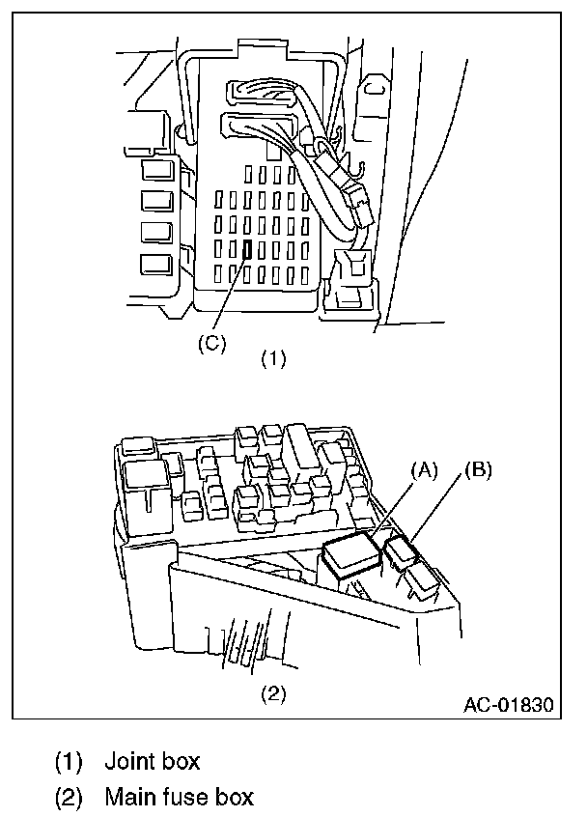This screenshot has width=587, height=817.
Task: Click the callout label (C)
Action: click(211, 345)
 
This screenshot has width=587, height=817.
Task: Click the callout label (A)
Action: click(425, 470)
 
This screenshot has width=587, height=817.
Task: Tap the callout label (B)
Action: click(478, 470)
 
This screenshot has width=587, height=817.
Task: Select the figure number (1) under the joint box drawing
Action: click(275, 359)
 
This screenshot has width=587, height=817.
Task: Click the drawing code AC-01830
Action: click(509, 704)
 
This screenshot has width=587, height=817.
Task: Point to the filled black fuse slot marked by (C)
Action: click(248, 250)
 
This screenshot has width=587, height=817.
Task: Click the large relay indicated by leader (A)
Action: click(353, 555)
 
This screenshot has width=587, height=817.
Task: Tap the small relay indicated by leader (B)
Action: click(399, 551)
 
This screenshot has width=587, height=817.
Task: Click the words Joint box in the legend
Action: click(152, 762)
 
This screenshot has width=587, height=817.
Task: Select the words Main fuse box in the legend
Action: click(179, 798)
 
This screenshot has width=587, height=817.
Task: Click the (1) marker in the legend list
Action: click(68, 762)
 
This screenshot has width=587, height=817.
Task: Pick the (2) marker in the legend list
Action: click(68, 798)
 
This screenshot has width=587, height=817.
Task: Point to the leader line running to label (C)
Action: click(232, 295)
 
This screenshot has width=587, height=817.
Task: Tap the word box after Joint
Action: click(181, 762)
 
